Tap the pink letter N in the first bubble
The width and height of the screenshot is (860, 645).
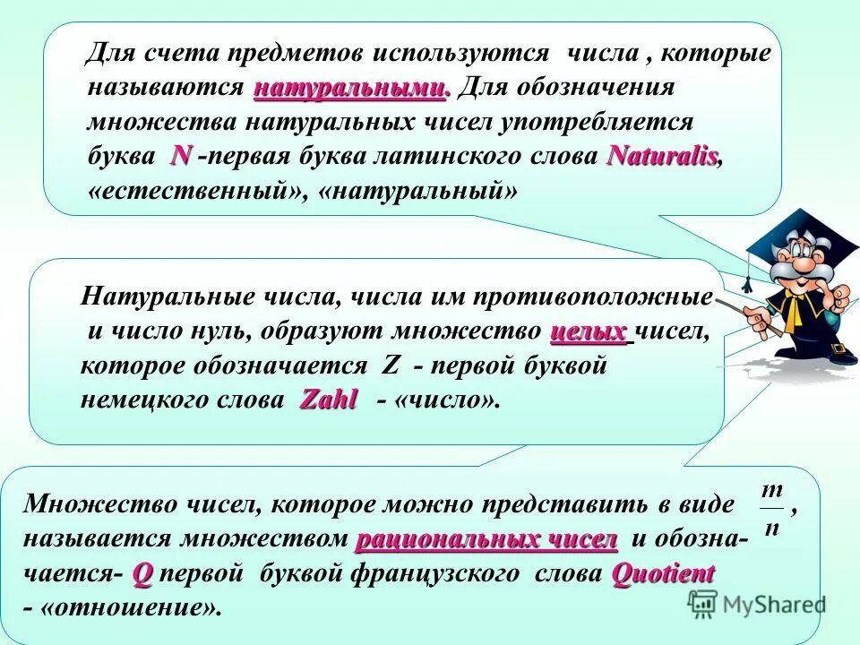pos(181,156)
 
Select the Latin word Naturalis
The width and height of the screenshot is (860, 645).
pos(662,156)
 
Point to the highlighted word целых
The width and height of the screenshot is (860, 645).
pos(589,331)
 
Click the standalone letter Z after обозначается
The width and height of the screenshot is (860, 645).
pos(390,366)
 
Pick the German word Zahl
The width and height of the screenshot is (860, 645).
pos(328,400)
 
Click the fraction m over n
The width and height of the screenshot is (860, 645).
pos(771,507)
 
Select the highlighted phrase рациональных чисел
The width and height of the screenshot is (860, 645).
pos(486,540)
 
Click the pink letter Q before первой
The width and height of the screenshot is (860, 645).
pos(142,574)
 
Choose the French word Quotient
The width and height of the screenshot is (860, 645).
pos(663,574)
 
